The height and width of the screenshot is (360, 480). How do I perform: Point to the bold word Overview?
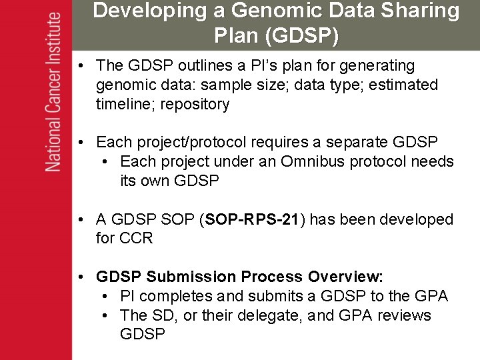pos(345,277)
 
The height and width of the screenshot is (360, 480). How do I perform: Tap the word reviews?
pos(405,315)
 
